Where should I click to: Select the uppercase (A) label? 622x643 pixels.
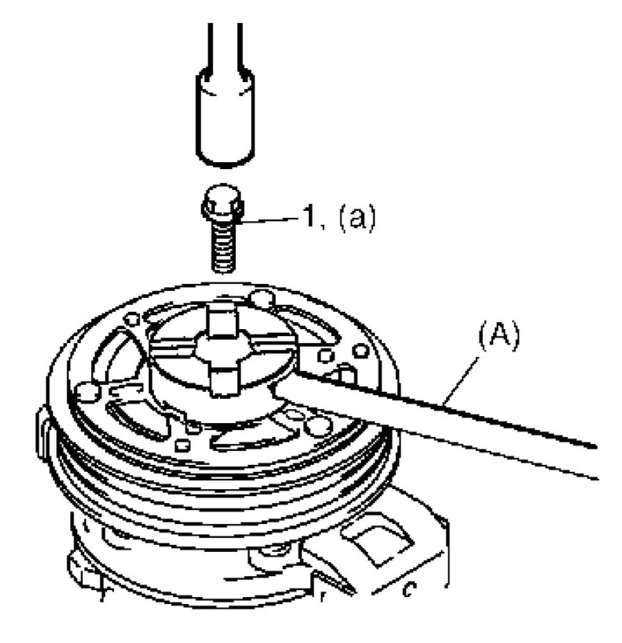[x=499, y=337]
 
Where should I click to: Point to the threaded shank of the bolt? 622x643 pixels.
[x=223, y=246]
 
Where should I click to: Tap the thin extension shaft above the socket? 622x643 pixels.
[x=225, y=47]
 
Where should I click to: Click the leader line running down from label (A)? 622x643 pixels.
[x=462, y=379]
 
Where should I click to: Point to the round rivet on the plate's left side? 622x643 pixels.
[x=87, y=392]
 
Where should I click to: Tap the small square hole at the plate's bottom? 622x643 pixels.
[x=182, y=445]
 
